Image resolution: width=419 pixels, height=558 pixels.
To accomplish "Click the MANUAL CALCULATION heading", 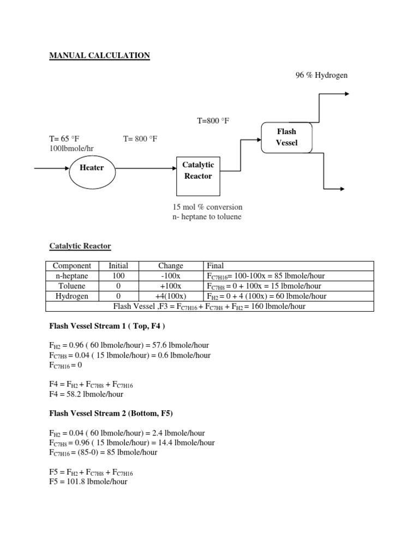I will pos(100,55).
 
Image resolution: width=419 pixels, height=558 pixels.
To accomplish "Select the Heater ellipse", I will pos(92,168).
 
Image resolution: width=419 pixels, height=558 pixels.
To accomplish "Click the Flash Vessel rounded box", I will pos(286,137).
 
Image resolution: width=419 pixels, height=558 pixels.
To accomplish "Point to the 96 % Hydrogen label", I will pos(321,75).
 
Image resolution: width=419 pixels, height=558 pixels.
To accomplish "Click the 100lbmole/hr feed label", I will pos(71,148).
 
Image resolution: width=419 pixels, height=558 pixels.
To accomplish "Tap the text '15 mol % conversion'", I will pos(207,207).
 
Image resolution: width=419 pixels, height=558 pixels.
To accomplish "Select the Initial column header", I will pos(118,266).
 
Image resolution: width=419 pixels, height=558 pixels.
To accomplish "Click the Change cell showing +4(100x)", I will pos(170,296).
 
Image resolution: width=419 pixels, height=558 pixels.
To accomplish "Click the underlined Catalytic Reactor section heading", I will pos(80,246).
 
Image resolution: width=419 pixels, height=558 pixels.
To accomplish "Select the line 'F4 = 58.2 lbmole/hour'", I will pos(86,394).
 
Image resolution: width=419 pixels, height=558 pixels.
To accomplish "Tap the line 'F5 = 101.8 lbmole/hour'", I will pos(88,482).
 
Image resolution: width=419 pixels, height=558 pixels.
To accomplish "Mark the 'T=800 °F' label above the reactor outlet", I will pos(213,120).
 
